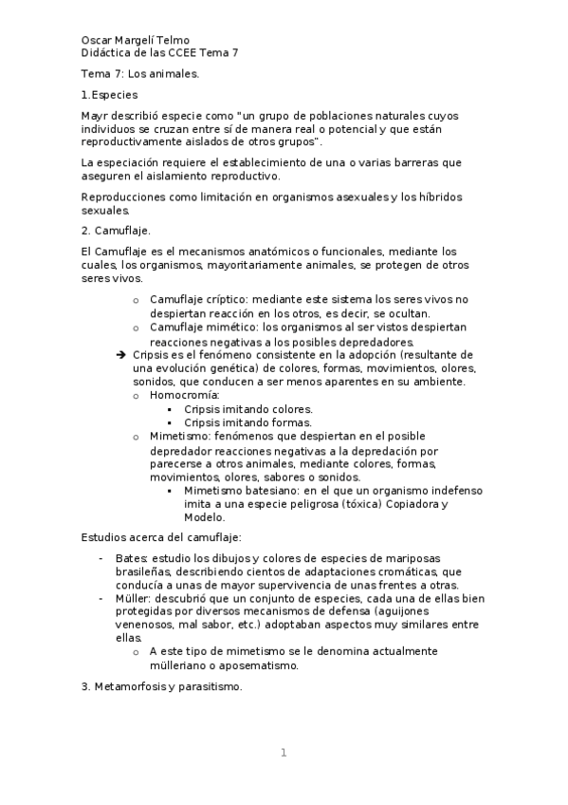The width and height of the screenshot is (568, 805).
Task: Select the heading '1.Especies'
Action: click(x=110, y=95)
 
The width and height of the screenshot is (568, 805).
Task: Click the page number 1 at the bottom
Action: click(x=283, y=753)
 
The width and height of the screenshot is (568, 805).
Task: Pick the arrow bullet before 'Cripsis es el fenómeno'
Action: click(x=119, y=354)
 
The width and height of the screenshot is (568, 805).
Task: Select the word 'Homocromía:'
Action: click(x=184, y=394)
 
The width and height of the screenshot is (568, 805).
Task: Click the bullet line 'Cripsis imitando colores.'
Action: click(x=248, y=408)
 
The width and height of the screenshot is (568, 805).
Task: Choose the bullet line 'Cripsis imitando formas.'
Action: click(x=247, y=421)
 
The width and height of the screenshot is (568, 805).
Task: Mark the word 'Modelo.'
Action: click(x=205, y=518)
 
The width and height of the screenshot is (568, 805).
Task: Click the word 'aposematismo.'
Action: click(x=258, y=665)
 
